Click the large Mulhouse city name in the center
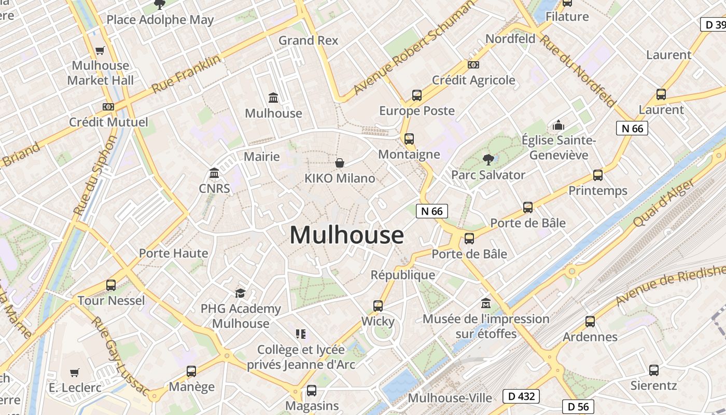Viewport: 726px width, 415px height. (x=346, y=235)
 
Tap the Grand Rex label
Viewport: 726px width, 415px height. (x=308, y=40)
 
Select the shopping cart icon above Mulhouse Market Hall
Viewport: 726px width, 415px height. (x=100, y=51)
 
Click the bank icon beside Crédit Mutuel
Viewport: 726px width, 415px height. (x=108, y=107)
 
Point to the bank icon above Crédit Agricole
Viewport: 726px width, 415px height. (x=473, y=65)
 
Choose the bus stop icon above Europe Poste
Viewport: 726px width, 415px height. (x=416, y=95)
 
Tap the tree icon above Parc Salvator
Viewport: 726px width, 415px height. (x=487, y=159)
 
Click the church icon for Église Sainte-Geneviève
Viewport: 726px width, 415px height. (x=558, y=125)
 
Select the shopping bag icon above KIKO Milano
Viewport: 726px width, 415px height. (x=340, y=163)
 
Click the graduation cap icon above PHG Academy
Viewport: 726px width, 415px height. (x=240, y=294)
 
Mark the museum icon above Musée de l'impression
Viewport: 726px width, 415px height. (x=486, y=303)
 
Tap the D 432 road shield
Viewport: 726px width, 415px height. (x=521, y=396)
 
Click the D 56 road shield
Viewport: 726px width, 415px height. (x=578, y=406)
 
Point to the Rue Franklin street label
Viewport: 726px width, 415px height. (x=186, y=75)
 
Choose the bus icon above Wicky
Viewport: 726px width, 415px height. (x=378, y=306)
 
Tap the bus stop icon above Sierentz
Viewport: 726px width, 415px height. (x=653, y=370)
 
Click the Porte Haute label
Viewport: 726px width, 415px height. (x=173, y=253)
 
